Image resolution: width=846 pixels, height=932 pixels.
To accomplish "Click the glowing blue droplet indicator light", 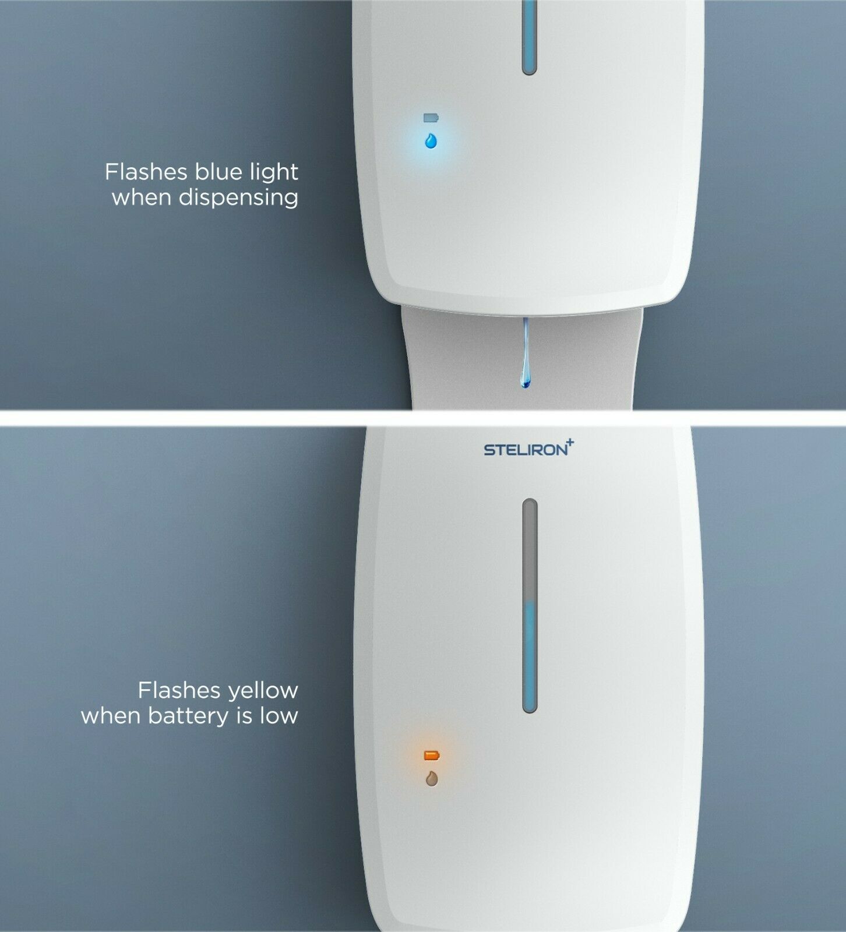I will tap(431, 141).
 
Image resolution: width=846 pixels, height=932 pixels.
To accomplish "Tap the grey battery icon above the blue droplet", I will tap(431, 118).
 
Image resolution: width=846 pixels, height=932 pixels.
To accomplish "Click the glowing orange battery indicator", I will tap(432, 756).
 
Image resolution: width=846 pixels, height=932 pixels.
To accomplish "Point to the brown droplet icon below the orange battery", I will tap(432, 779).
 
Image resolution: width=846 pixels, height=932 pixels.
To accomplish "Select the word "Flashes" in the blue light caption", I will tap(146, 172).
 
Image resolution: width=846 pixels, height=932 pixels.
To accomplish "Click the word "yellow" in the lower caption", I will tap(263, 691).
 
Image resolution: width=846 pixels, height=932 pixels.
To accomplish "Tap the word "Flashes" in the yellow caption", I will tap(179, 690).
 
